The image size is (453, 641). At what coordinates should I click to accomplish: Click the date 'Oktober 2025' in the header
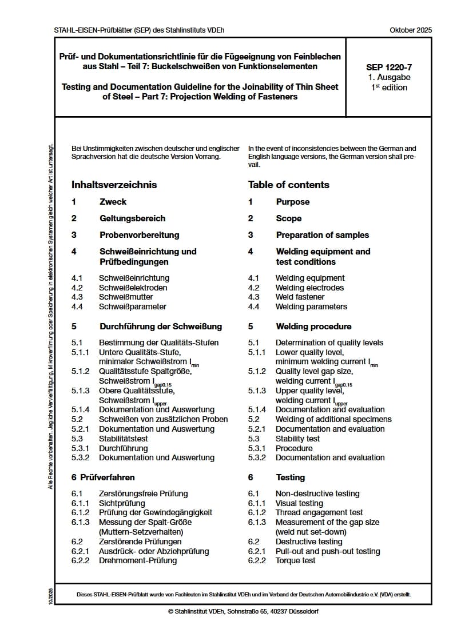(411, 30)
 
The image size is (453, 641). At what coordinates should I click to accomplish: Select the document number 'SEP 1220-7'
(389, 67)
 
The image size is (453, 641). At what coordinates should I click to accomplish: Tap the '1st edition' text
(389, 87)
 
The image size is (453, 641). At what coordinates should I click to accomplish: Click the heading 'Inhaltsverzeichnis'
(114, 185)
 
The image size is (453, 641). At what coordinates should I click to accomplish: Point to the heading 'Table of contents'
(288, 185)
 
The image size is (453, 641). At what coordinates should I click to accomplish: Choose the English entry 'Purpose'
(292, 202)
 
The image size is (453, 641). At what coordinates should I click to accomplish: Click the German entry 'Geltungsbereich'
(132, 218)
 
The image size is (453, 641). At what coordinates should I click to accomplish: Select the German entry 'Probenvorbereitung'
(139, 235)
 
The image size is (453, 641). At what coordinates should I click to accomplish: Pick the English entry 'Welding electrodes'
(309, 288)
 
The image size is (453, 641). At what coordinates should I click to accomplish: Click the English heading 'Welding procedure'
(313, 327)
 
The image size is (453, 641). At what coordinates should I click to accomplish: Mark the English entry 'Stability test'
(297, 439)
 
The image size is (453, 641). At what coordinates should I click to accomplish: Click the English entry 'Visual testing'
(299, 503)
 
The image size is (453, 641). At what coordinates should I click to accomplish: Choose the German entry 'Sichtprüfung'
(122, 503)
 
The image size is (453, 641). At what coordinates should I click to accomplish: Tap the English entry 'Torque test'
(295, 560)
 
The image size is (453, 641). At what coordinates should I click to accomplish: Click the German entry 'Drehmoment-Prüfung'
(138, 560)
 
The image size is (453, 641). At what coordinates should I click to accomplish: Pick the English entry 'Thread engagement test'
(319, 512)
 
